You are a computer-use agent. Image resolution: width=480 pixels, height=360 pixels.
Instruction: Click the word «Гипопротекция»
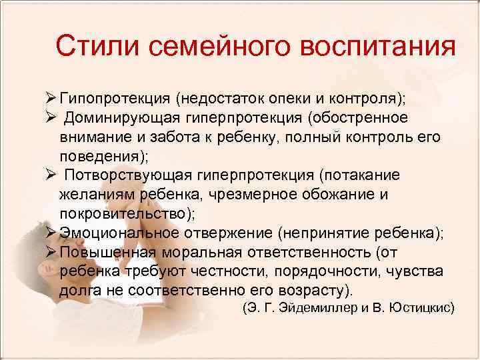click(114, 99)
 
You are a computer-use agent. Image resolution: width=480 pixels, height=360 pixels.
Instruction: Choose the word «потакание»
click(362, 175)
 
